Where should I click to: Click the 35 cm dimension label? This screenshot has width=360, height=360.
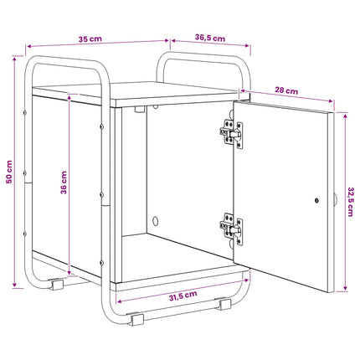90,39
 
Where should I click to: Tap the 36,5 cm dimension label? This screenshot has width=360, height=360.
210,38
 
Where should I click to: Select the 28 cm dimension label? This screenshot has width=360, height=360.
286,90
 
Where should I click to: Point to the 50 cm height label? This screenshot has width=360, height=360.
9,172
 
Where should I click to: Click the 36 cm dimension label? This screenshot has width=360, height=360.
64,183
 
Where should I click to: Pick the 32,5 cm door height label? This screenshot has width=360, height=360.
350,202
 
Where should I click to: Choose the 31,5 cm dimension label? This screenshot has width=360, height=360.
183,296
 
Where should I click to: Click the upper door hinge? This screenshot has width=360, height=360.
231,134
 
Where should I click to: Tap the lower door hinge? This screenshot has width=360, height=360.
231,229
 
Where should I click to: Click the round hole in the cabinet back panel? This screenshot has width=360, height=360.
155,221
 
